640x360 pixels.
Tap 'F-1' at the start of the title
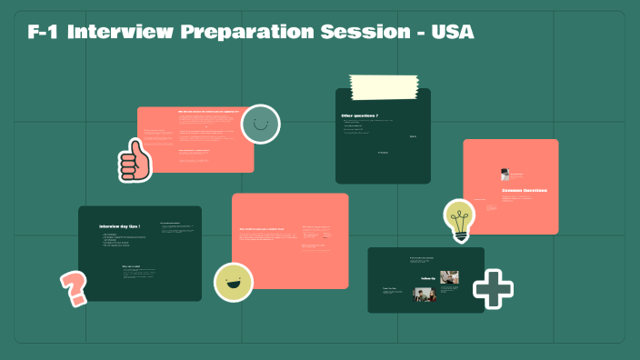[x=44, y=33]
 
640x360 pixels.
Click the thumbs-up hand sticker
[x=135, y=160]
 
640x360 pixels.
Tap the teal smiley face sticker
[x=260, y=124]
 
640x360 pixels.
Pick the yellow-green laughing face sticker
[x=233, y=281]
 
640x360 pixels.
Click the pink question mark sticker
[x=73, y=288]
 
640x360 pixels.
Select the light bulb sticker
[x=459, y=219]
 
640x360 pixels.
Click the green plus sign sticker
[x=493, y=288]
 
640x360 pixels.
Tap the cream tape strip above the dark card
[x=384, y=87]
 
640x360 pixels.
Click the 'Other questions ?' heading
[x=360, y=116]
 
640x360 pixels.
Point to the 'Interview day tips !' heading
[x=119, y=225]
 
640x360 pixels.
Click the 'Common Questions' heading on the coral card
[x=525, y=190]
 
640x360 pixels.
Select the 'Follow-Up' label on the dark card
[x=429, y=277]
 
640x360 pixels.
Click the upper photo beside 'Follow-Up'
[x=449, y=276]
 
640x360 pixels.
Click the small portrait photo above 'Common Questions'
[x=505, y=175]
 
